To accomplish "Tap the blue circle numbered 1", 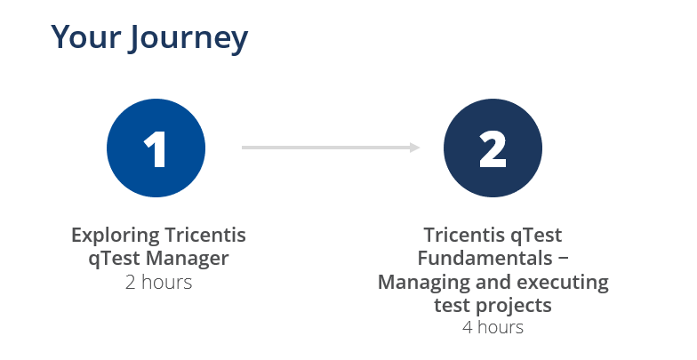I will coord(156,148).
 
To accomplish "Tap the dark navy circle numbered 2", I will coord(492,148).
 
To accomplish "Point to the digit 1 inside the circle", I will coord(156,148).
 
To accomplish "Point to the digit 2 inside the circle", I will coord(492,148).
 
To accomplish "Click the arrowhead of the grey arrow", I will coord(414,148).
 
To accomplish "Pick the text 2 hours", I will coord(158,283).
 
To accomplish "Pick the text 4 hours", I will coord(493,327).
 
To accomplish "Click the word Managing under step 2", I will coord(421,283).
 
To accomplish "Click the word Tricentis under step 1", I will coord(206,236).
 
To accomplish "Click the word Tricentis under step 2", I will coord(467,236).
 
